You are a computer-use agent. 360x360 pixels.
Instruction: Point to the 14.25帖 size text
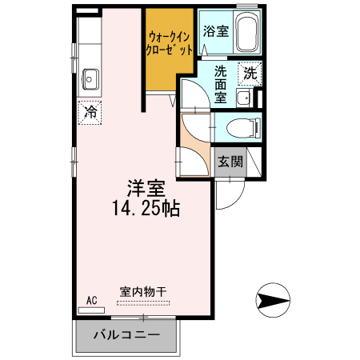146,209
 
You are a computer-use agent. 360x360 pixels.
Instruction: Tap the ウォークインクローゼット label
169,42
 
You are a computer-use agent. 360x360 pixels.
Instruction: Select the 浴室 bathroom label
216,32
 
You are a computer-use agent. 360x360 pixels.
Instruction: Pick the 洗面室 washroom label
221,82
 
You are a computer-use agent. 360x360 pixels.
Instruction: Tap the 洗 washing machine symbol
250,71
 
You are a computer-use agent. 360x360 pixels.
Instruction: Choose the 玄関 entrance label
230,162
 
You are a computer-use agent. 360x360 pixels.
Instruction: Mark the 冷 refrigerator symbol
90,112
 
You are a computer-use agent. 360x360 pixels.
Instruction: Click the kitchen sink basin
90,79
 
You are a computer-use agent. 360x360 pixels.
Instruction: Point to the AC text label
91,300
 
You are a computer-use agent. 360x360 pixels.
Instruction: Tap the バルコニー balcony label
126,335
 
